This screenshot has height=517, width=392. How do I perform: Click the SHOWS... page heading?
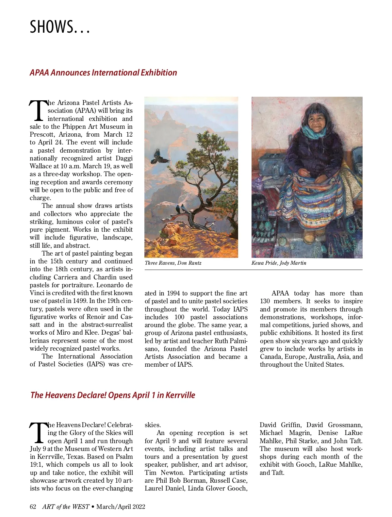59,27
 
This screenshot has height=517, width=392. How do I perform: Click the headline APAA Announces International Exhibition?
103,73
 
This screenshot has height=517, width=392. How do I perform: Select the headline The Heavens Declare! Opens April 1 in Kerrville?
113,395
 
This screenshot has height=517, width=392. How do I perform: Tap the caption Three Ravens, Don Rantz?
173,263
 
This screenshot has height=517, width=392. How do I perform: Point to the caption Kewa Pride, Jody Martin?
279,263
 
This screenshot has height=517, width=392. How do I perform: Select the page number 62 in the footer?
33,507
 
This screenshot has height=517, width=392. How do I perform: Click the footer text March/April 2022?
121,507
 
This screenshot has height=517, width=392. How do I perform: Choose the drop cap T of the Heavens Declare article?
38,432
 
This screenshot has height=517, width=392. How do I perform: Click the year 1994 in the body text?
173,293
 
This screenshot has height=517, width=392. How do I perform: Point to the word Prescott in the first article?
42,135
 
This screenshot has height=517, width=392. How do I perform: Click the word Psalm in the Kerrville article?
124,457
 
